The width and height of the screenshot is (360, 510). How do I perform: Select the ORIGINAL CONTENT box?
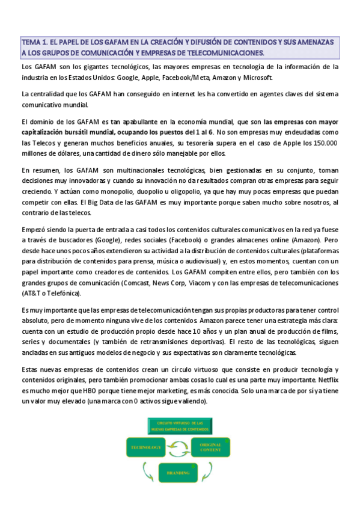211,448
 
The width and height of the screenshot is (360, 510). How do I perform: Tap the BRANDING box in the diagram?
178,473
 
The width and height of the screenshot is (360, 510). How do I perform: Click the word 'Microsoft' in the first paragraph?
257,78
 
